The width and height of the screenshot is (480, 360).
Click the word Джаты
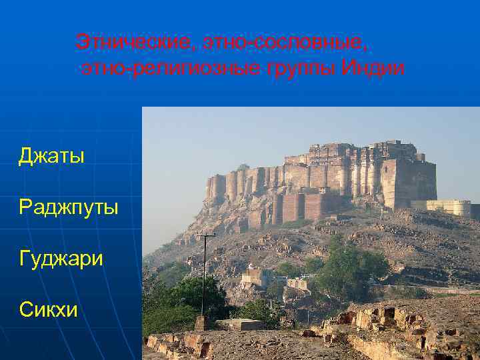(x=51, y=157)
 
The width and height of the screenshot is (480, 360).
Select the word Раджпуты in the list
(x=69, y=207)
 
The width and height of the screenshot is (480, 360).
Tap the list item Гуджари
(x=61, y=257)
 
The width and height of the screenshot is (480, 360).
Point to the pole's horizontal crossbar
(x=205, y=236)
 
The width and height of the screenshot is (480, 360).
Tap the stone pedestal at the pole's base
(x=202, y=323)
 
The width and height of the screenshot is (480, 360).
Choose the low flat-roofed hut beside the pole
(x=240, y=325)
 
